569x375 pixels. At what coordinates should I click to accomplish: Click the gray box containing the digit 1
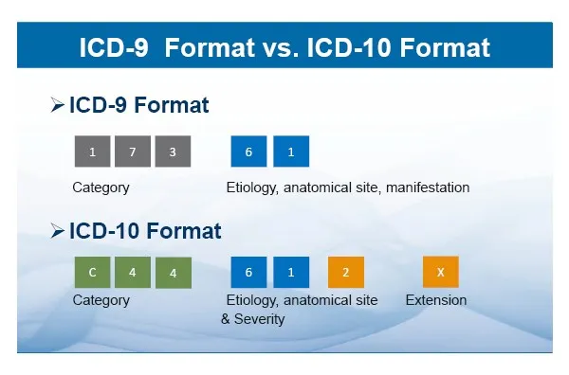pyautogui.click(x=92, y=152)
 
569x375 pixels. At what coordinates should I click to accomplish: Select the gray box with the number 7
pyautogui.click(x=133, y=152)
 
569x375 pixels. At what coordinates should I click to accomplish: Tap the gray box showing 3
pyautogui.click(x=173, y=152)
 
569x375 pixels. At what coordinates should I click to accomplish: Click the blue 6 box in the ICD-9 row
pyautogui.click(x=248, y=152)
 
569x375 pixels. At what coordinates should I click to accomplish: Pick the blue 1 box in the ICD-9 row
pyautogui.click(x=291, y=152)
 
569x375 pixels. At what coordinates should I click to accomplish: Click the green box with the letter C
pyautogui.click(x=92, y=273)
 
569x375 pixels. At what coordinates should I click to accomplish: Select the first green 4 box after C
pyautogui.click(x=133, y=273)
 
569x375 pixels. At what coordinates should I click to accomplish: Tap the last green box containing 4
pyautogui.click(x=173, y=273)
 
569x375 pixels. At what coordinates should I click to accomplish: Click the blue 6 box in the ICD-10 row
pyautogui.click(x=248, y=273)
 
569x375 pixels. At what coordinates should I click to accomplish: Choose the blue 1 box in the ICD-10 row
pyautogui.click(x=291, y=273)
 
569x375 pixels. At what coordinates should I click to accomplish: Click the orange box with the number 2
pyautogui.click(x=346, y=273)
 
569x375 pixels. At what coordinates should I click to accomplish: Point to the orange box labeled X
pyautogui.click(x=440, y=273)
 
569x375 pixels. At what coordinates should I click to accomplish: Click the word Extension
pyautogui.click(x=436, y=300)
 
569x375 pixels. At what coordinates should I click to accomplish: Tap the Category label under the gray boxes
pyautogui.click(x=101, y=187)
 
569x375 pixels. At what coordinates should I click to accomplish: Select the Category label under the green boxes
pyautogui.click(x=101, y=300)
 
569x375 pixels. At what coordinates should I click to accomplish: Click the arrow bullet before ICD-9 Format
pyautogui.click(x=58, y=105)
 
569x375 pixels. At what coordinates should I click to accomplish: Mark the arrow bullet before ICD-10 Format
pyautogui.click(x=58, y=230)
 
